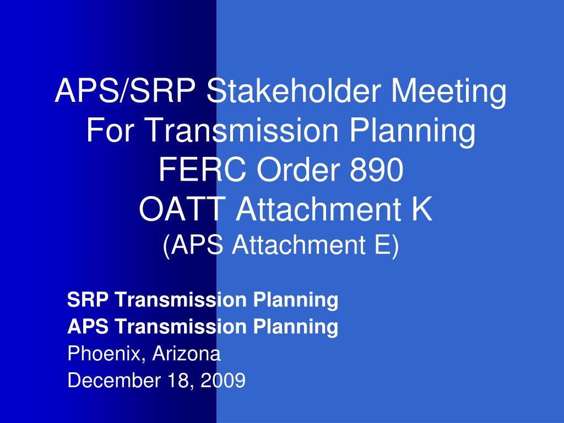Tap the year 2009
tap(221, 380)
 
